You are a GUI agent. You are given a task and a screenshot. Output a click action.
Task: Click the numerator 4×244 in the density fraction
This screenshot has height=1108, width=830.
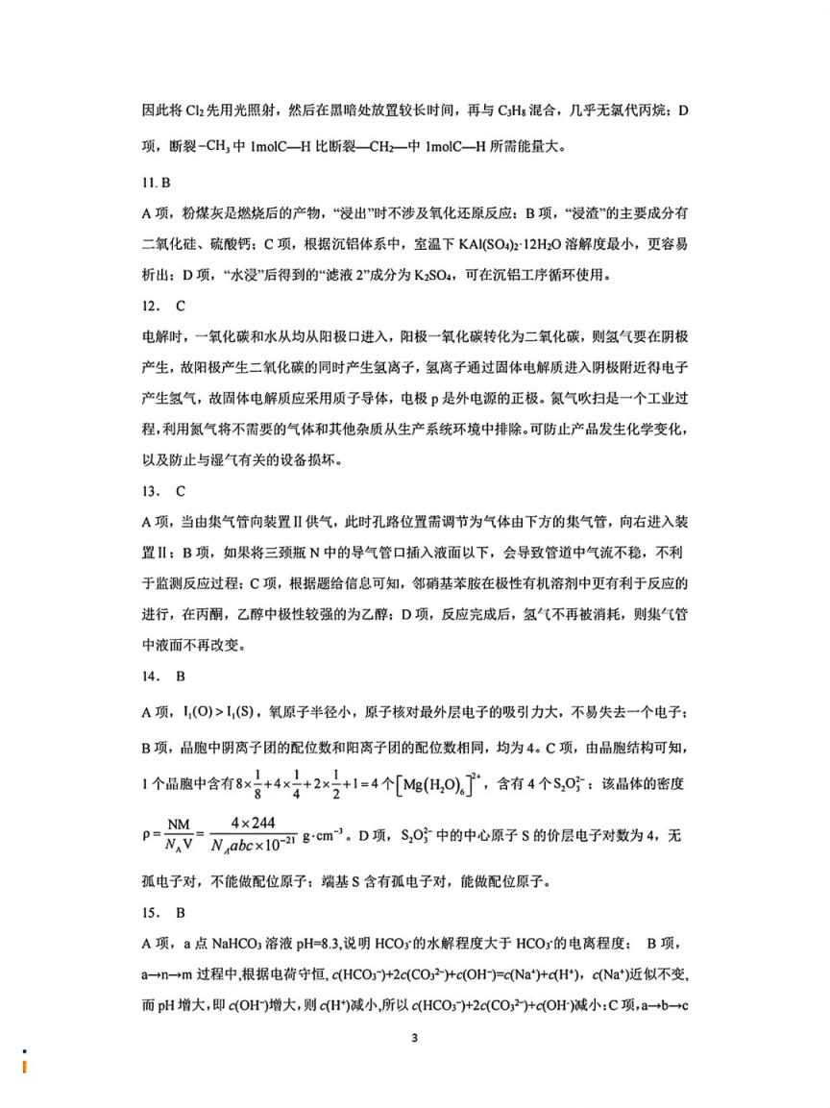[x=265, y=823]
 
